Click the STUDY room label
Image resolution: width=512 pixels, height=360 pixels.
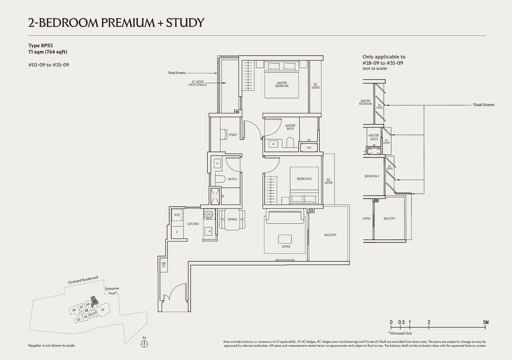(x=233, y=135)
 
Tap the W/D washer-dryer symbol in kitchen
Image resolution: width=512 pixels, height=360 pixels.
(x=177, y=215)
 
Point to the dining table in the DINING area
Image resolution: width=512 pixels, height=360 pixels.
(x=232, y=219)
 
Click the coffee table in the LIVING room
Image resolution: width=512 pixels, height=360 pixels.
(x=285, y=239)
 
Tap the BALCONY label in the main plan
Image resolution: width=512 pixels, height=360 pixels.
(x=330, y=235)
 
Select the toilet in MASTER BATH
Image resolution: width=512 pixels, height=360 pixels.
(x=290, y=143)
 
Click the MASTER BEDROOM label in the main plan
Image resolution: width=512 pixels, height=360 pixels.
(x=282, y=84)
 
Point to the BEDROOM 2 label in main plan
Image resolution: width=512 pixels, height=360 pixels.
(x=304, y=179)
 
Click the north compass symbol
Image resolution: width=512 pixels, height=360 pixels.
(x=144, y=344)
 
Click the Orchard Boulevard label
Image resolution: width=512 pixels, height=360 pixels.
(x=83, y=280)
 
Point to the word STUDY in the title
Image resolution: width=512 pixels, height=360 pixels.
(x=185, y=22)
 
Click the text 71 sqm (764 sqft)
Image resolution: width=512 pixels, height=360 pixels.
(x=48, y=52)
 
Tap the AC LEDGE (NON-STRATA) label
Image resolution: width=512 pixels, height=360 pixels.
(x=197, y=83)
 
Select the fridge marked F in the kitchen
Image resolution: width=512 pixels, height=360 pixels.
(x=177, y=232)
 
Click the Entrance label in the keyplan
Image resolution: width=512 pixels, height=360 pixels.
(x=112, y=288)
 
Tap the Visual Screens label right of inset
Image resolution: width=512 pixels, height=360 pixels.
(x=483, y=105)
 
